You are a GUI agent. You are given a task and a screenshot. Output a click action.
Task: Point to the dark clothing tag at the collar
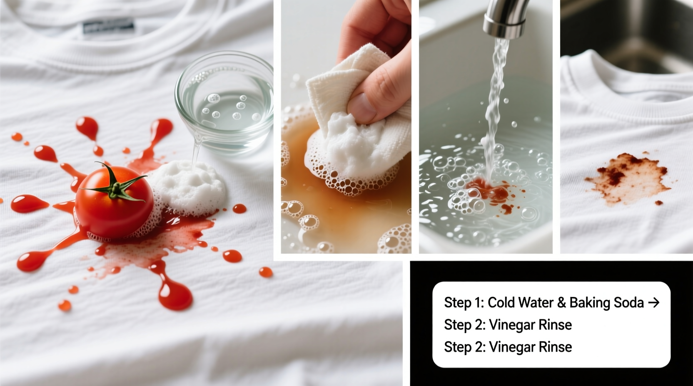[108, 27]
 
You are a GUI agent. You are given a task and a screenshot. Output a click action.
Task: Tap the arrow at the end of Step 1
[653, 302]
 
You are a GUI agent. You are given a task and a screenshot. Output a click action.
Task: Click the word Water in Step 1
[534, 302]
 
